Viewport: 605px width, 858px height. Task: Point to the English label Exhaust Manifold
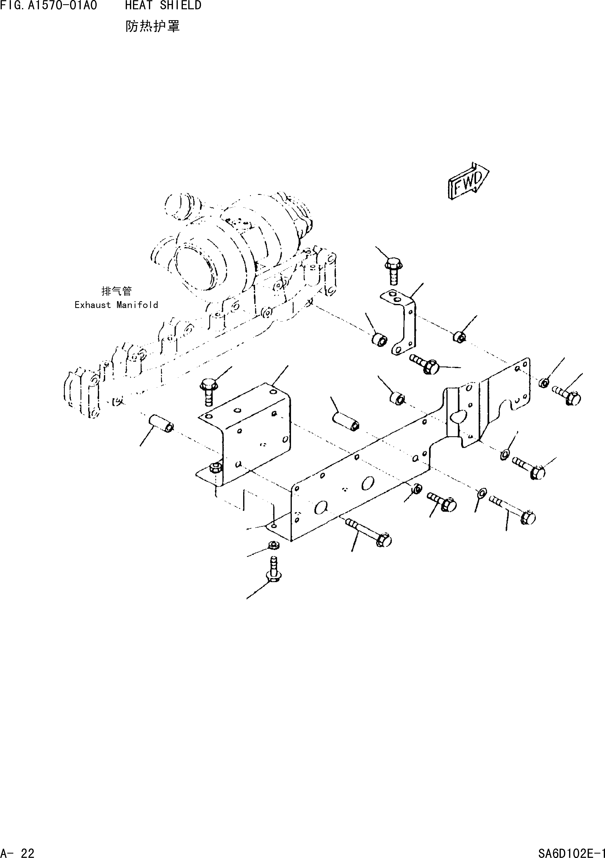(116, 305)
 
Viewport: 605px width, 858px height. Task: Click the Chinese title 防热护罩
(153, 26)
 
